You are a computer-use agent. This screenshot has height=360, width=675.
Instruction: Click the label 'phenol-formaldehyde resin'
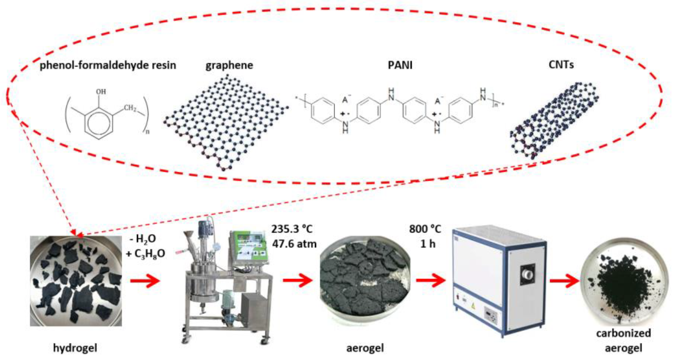[108, 65]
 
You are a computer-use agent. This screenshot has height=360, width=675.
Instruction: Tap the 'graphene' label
[229, 65]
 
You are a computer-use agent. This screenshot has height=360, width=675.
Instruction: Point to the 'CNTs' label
[561, 65]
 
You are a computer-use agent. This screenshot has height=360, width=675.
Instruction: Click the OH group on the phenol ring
[101, 92]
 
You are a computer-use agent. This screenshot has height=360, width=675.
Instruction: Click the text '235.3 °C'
[292, 229]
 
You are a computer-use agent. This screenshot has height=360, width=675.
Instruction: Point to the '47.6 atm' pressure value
[294, 244]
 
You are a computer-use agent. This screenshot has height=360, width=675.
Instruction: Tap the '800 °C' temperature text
[425, 229]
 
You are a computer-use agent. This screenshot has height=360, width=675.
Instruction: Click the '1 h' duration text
[428, 244]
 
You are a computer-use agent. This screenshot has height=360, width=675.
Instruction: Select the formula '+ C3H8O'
[145, 253]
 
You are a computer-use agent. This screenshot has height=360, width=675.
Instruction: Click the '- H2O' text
[143, 239]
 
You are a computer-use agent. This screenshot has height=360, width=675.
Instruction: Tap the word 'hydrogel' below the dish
[75, 348]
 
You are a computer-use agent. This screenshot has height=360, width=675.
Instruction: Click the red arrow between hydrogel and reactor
[145, 280]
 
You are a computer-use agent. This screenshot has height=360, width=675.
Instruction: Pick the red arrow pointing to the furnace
[431, 280]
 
